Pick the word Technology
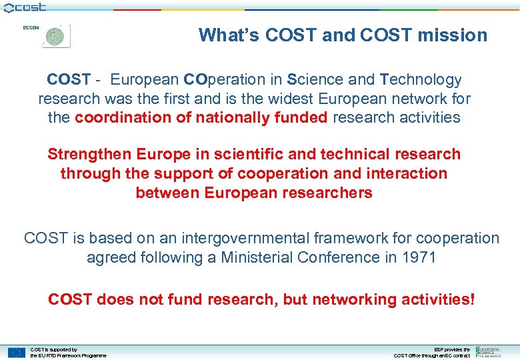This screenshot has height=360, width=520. (x=421, y=80)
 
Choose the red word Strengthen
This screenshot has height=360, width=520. (x=90, y=154)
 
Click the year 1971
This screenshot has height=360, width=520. (x=418, y=257)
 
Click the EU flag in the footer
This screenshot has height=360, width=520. (x=17, y=352)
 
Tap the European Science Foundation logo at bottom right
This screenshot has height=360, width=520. (x=493, y=351)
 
